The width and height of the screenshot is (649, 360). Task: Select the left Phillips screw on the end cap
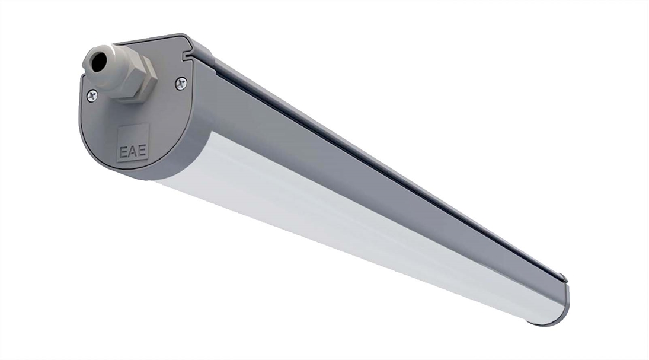tap(92, 95)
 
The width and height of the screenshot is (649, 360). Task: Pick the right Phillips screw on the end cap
tap(181, 84)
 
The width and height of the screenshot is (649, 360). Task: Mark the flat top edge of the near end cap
tap(154, 40)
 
